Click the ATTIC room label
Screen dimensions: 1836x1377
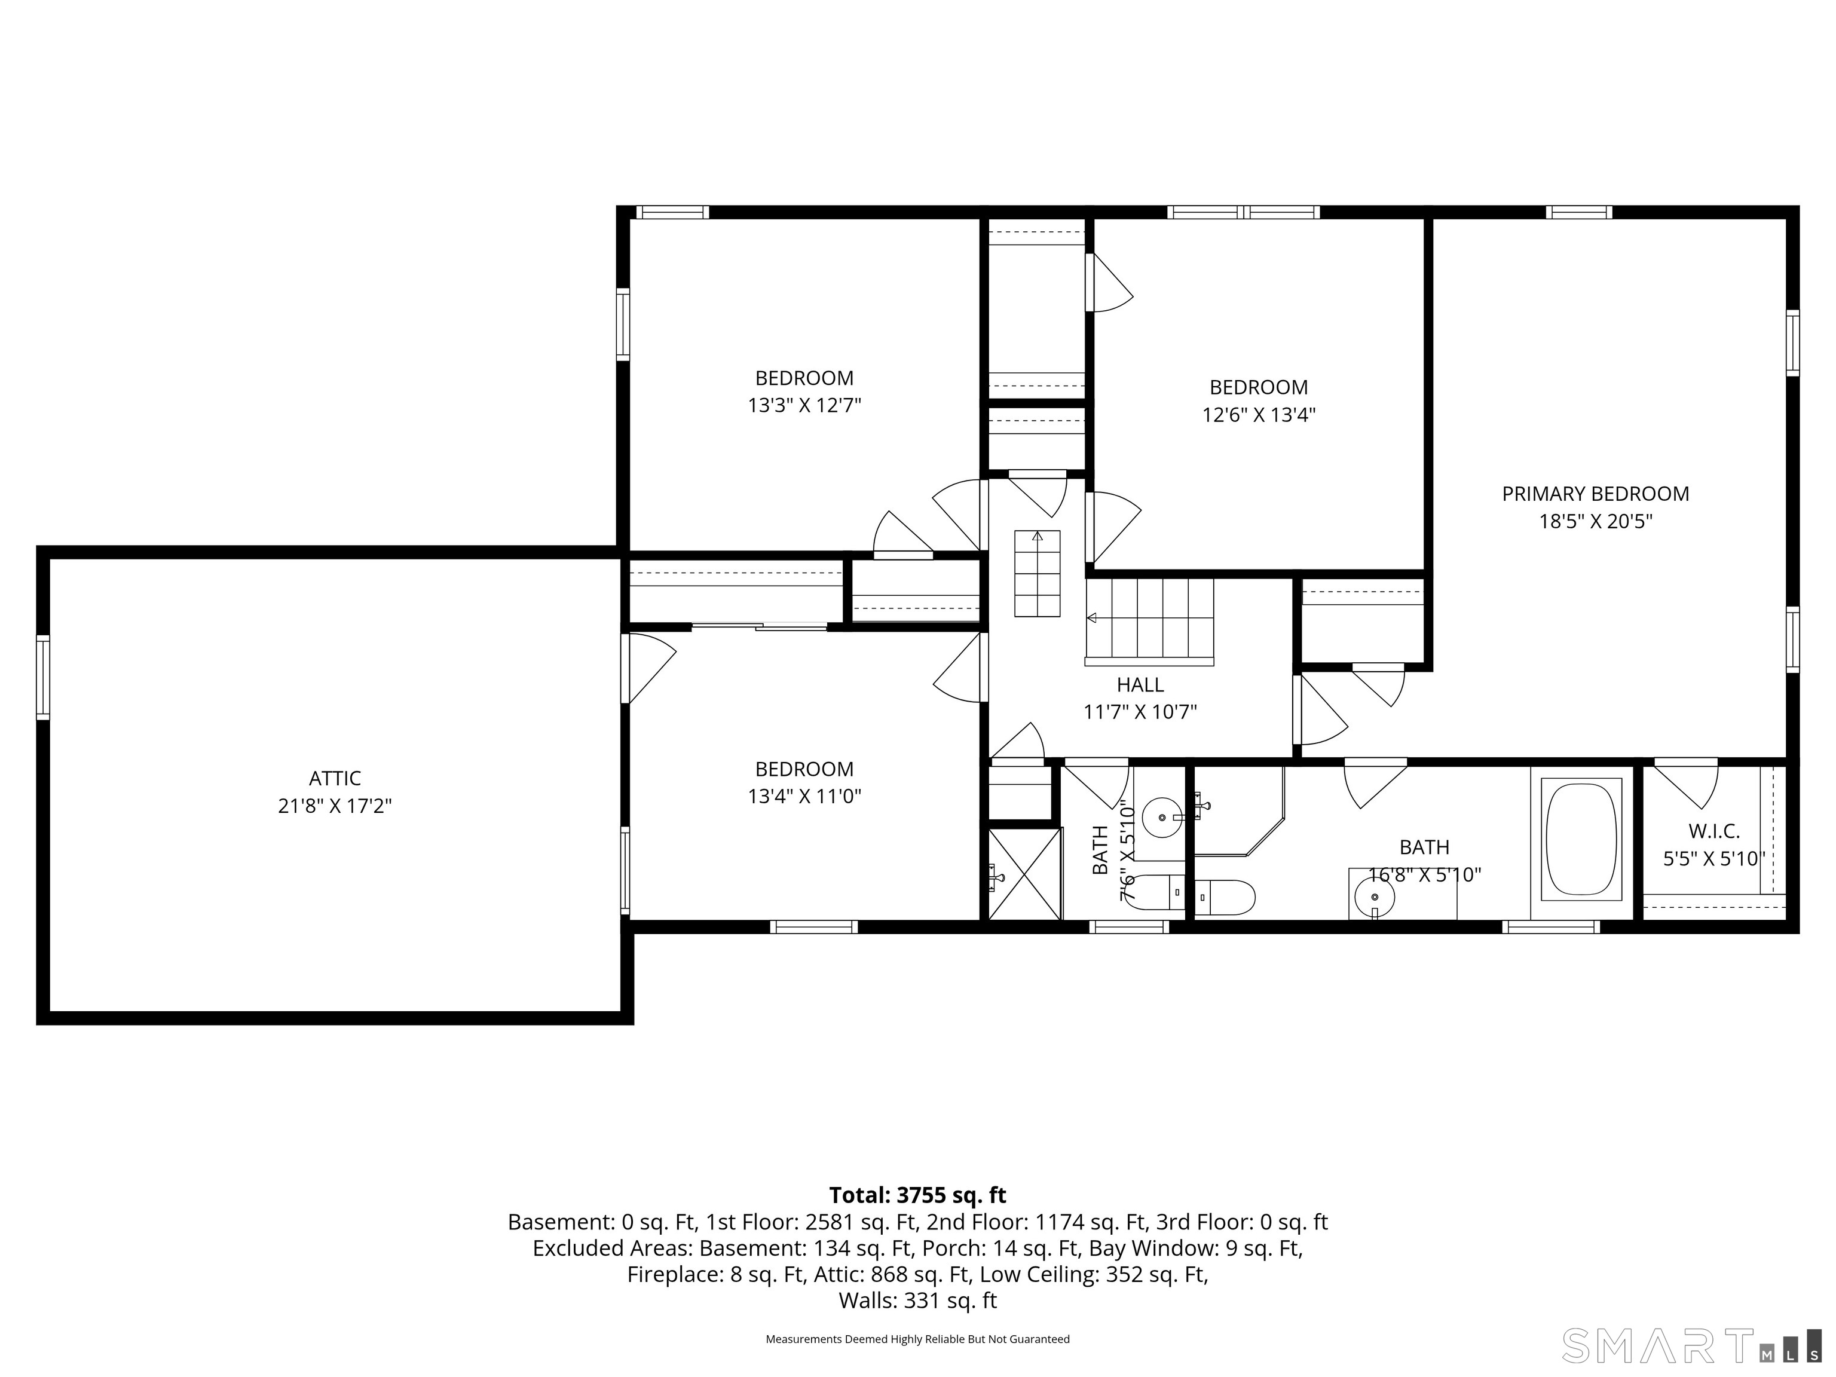(x=335, y=779)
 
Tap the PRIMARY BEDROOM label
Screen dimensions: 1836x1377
(x=1595, y=494)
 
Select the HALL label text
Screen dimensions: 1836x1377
(x=1140, y=685)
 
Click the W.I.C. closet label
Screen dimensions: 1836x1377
(x=1714, y=831)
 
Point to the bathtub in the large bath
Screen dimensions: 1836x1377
(x=1581, y=839)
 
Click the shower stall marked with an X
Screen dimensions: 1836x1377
(x=1025, y=873)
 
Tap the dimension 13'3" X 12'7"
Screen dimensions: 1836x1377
(x=804, y=406)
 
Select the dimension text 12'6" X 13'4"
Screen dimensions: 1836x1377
(x=1259, y=415)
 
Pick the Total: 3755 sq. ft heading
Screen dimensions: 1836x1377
(x=917, y=1195)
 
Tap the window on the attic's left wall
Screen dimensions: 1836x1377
(x=42, y=677)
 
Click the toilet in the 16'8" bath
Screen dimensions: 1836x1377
(x=1224, y=897)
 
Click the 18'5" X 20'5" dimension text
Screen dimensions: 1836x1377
(x=1595, y=521)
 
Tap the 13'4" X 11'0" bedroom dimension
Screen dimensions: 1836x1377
(x=804, y=797)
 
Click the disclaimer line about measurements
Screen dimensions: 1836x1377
(x=917, y=1339)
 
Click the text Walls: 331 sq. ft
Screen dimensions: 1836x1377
(x=917, y=1300)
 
